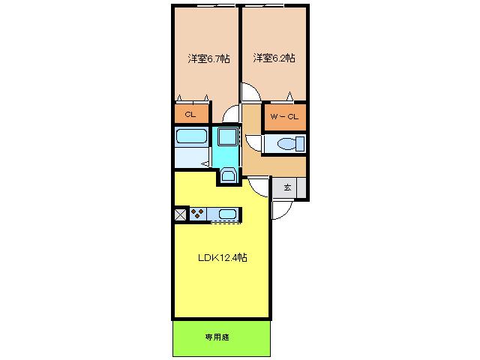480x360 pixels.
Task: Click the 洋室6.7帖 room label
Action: (x=208, y=58)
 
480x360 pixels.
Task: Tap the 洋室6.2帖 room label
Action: (x=274, y=58)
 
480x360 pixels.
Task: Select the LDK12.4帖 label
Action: (x=223, y=257)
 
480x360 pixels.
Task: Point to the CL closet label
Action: (x=190, y=115)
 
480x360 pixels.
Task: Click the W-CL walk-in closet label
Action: (x=284, y=117)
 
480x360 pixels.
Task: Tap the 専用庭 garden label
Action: (x=217, y=337)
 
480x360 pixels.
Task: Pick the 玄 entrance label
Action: (x=287, y=187)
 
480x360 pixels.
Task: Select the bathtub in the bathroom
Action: (x=192, y=136)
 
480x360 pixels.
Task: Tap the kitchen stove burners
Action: (x=197, y=213)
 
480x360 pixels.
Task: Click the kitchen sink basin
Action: (x=227, y=214)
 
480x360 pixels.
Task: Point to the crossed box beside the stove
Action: (x=180, y=214)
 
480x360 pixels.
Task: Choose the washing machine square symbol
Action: (x=227, y=136)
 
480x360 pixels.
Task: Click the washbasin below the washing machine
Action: (x=227, y=175)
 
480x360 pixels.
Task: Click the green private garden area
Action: (x=222, y=338)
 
